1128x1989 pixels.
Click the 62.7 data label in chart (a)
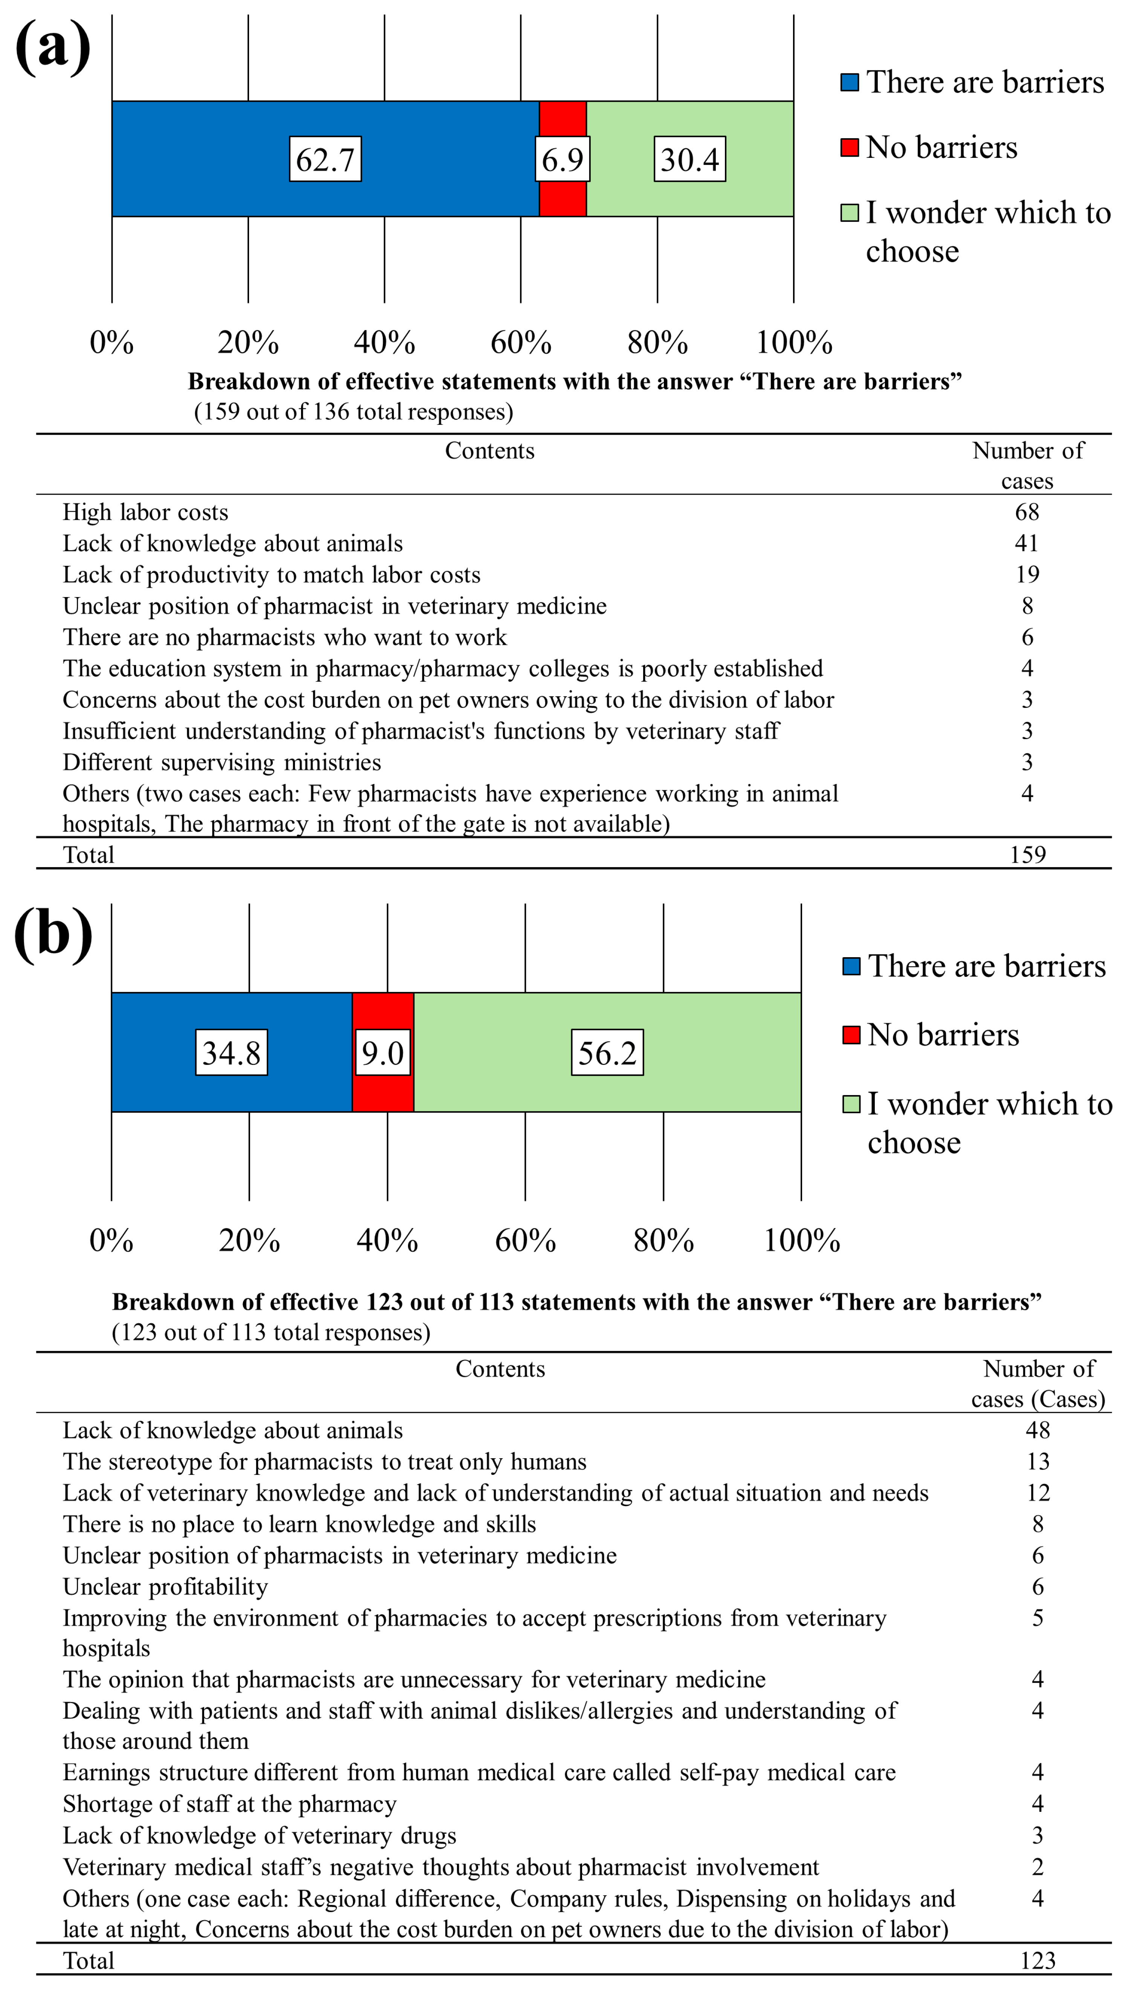point(326,160)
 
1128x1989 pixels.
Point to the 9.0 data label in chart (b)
point(383,1053)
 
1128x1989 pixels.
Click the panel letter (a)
point(53,48)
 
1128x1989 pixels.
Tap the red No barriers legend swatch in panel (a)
point(850,147)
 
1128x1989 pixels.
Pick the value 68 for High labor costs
point(1027,512)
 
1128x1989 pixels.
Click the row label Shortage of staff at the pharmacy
point(229,1804)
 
